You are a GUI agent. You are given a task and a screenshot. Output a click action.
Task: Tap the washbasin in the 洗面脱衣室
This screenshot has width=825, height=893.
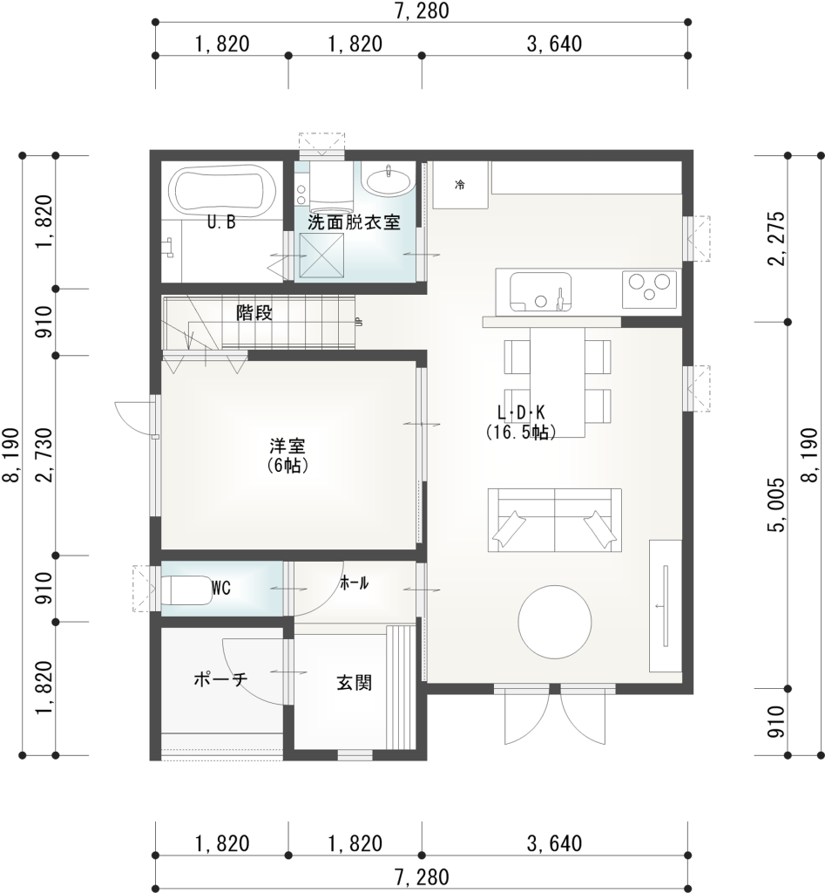388,182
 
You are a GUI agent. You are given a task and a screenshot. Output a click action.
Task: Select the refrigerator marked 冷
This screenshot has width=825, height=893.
460,185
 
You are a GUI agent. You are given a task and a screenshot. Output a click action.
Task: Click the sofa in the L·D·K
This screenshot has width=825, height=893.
555,520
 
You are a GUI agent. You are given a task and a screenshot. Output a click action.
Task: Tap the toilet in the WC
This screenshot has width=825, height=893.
184,589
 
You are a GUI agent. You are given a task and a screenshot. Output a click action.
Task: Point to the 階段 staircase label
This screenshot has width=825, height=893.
254,313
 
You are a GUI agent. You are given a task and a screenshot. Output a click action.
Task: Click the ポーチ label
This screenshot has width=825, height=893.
221,679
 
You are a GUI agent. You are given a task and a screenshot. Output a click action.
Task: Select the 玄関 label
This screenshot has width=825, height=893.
355,683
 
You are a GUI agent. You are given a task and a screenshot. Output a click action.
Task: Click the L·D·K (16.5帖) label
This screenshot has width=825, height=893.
521,421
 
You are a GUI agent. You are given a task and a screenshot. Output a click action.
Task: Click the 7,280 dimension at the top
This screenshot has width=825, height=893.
422,10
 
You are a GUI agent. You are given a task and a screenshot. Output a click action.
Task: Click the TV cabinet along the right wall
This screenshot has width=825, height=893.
666,605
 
